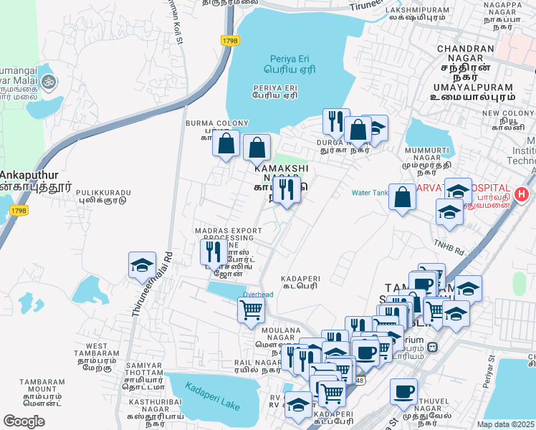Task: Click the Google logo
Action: (24, 421)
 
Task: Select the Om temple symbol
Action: (49, 82)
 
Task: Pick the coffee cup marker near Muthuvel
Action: (404, 392)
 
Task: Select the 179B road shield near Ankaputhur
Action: (19, 210)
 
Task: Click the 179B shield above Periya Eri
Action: (229, 41)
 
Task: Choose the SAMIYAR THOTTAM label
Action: (144, 370)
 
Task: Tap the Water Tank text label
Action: (369, 193)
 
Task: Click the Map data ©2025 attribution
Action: (506, 424)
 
